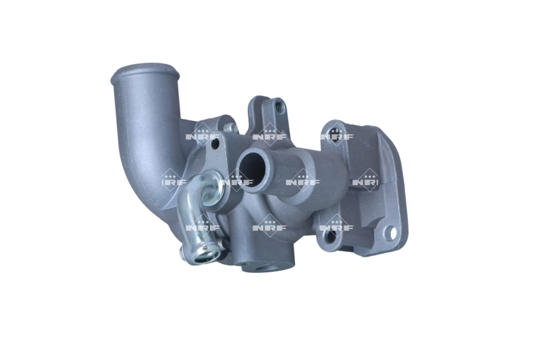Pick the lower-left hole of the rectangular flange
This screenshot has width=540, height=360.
tap(329, 238)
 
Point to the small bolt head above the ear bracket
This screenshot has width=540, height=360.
tap(230, 126)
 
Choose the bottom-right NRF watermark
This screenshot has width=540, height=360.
tap(336, 227)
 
